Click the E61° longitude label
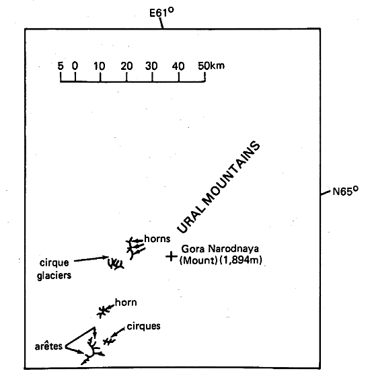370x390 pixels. pyautogui.click(x=161, y=12)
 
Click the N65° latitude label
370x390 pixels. pyautogui.click(x=345, y=191)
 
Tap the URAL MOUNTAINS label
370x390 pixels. pyautogui.click(x=219, y=187)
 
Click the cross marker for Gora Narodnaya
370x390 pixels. pyautogui.click(x=172, y=256)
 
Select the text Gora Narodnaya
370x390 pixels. pyautogui.click(x=220, y=249)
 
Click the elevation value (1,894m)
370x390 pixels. pyautogui.click(x=241, y=260)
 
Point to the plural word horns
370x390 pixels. pyautogui.click(x=157, y=239)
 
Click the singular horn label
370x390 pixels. pyautogui.click(x=126, y=303)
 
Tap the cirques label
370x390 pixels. pyautogui.click(x=143, y=326)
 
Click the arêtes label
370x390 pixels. pyautogui.click(x=48, y=346)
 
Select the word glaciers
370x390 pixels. pyautogui.click(x=54, y=275)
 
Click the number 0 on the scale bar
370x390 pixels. pyautogui.click(x=75, y=66)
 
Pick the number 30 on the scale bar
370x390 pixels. pyautogui.click(x=151, y=66)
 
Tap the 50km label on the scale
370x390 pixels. pyautogui.click(x=211, y=66)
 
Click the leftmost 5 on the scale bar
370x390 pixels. pyautogui.click(x=61, y=66)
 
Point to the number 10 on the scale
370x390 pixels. pyautogui.click(x=100, y=66)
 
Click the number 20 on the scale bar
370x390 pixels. pyautogui.click(x=126, y=66)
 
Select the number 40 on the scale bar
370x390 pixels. pyautogui.click(x=178, y=66)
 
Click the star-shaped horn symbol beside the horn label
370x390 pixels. pyautogui.click(x=102, y=312)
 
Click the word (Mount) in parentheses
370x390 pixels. pyautogui.click(x=198, y=260)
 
